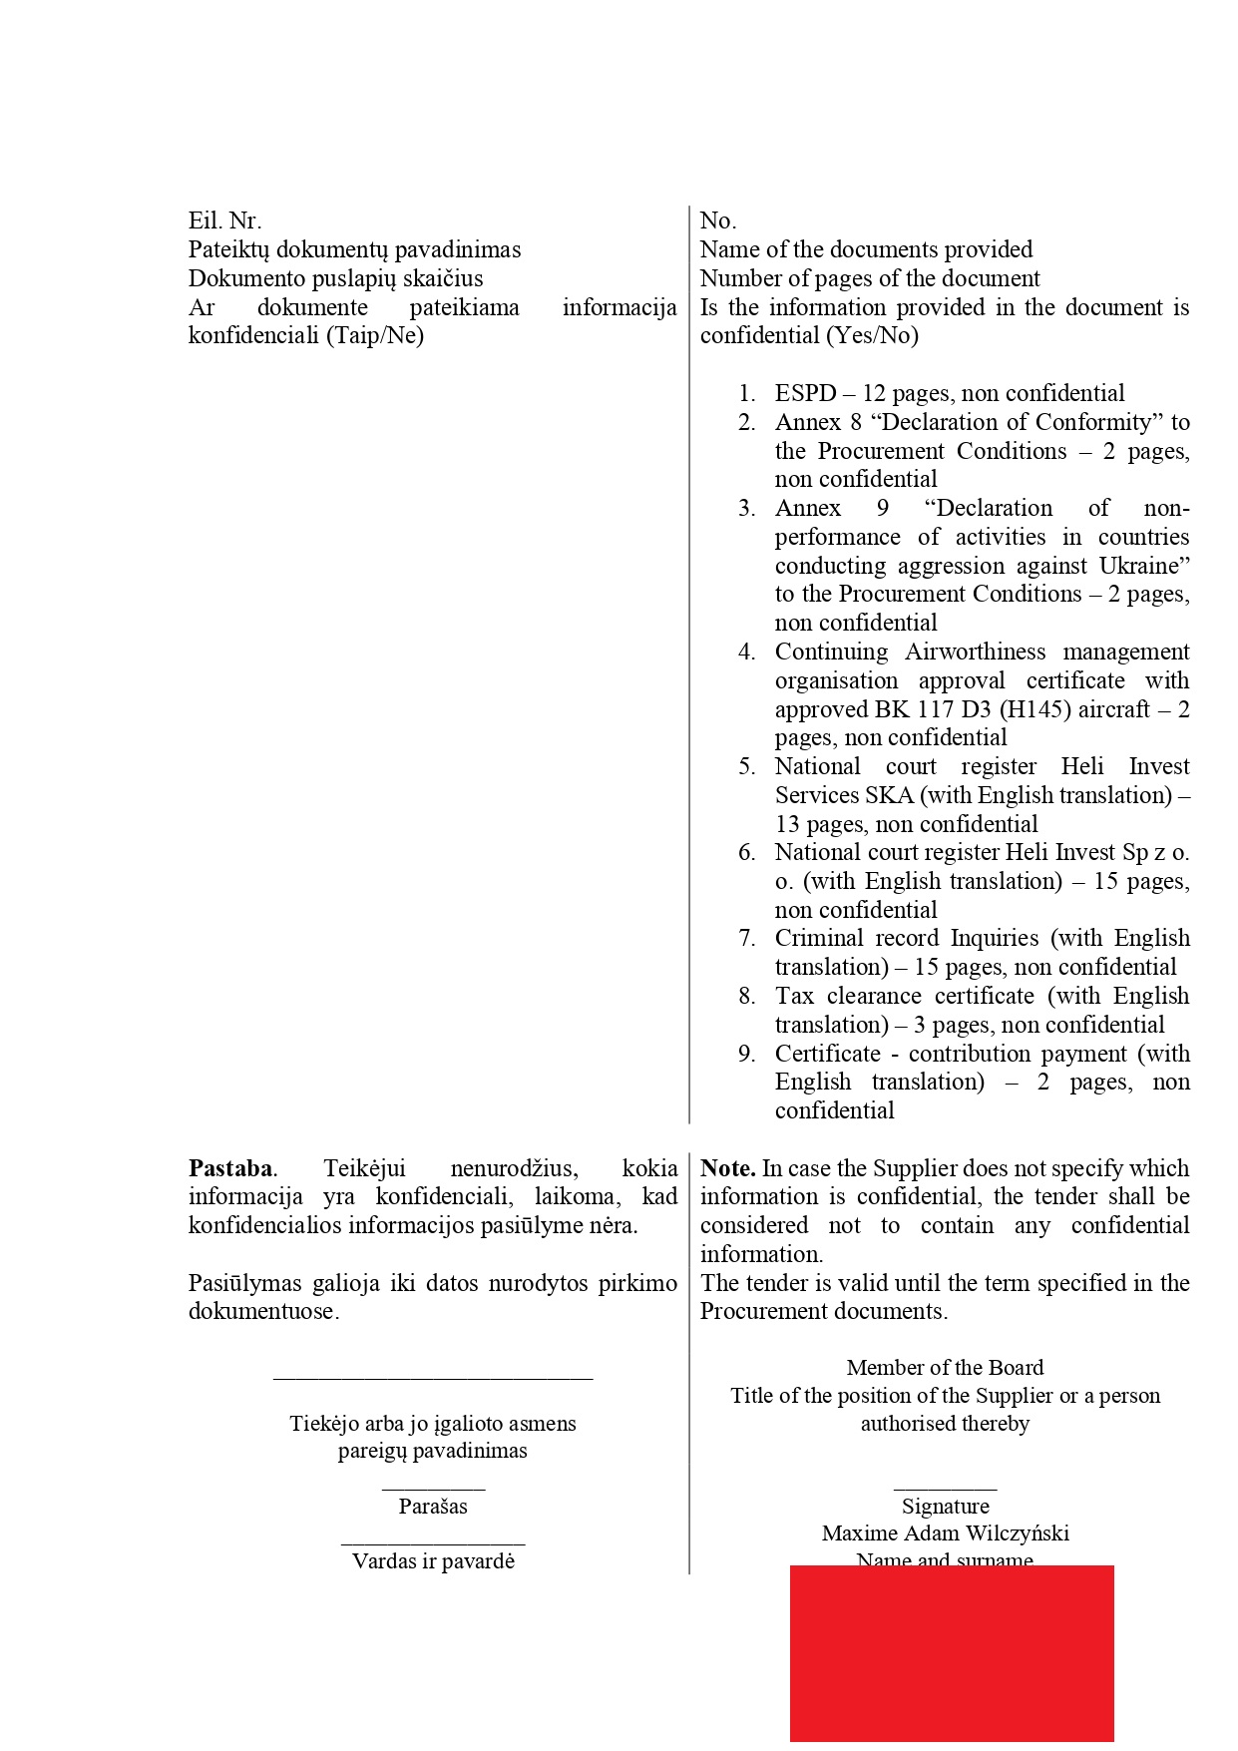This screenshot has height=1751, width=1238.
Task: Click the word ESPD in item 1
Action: tap(805, 393)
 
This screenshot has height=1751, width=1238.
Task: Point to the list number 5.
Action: tap(747, 766)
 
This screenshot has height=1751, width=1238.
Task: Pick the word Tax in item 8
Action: tap(794, 996)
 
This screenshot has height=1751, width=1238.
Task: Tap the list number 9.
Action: tap(747, 1054)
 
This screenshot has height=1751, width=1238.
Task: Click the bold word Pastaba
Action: tap(230, 1168)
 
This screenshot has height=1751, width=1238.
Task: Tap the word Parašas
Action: tap(433, 1507)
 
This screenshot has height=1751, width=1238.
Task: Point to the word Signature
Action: tap(945, 1507)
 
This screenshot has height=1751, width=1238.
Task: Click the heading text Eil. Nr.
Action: tap(224, 220)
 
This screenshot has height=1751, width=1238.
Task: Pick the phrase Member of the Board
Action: tap(945, 1368)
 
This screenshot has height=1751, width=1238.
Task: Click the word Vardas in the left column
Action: tap(384, 1561)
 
